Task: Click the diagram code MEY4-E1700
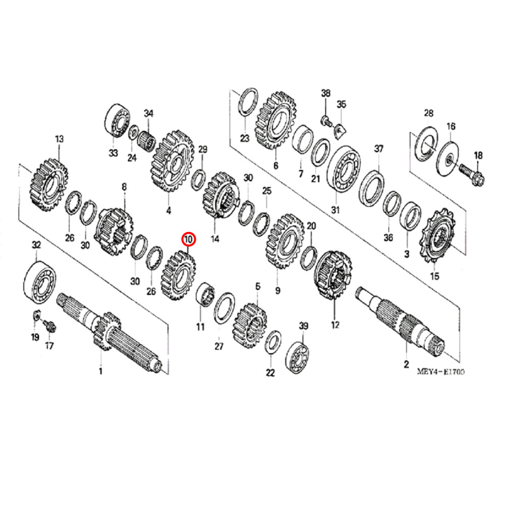[x=440, y=372]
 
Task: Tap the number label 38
[x=326, y=93]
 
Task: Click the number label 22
[x=271, y=373]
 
